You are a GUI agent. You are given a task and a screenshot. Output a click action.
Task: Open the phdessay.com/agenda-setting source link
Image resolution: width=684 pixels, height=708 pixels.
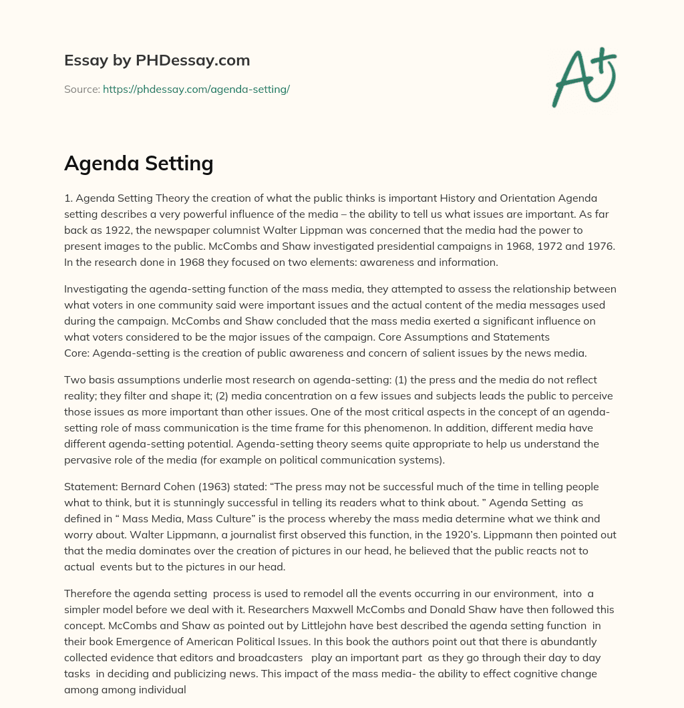click(196, 89)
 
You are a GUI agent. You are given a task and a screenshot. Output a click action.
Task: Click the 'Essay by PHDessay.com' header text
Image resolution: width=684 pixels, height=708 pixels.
click(157, 61)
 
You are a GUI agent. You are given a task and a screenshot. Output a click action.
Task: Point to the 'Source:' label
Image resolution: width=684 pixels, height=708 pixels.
click(81, 89)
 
